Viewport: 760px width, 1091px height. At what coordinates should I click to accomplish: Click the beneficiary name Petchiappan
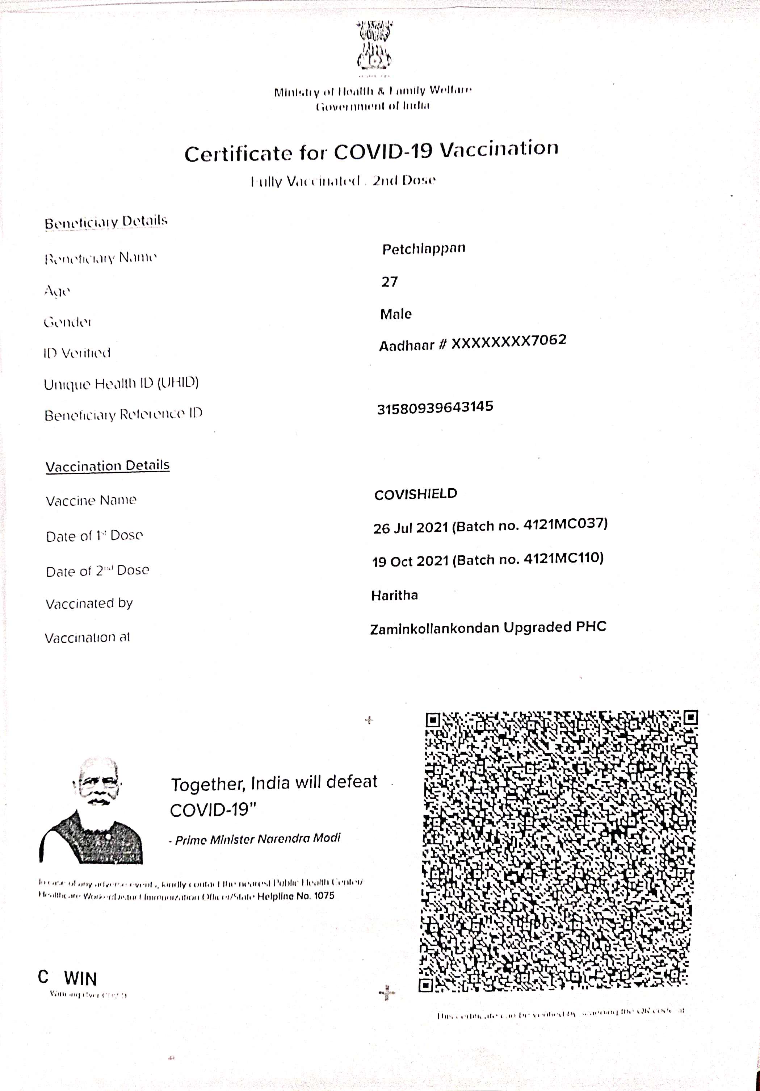point(424,248)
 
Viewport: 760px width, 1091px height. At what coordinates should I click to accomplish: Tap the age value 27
point(390,282)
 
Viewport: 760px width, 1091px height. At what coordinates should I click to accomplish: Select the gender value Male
point(396,314)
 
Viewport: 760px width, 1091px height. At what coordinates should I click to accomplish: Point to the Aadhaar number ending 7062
point(508,342)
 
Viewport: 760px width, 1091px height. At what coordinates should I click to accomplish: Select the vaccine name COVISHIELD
point(416,494)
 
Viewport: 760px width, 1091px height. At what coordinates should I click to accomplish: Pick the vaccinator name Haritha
point(394,595)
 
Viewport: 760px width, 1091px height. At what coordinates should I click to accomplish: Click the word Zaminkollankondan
point(434,629)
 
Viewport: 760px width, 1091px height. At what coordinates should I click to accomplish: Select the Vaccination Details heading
point(107,466)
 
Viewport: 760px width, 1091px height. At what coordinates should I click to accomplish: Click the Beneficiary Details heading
point(106,222)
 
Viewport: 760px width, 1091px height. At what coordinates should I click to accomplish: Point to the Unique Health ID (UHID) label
point(121,384)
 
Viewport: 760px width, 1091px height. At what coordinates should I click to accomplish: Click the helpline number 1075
point(324,896)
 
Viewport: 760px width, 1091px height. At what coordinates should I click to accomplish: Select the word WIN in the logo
point(80,979)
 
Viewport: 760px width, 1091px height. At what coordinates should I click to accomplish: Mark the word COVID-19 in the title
point(383,151)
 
